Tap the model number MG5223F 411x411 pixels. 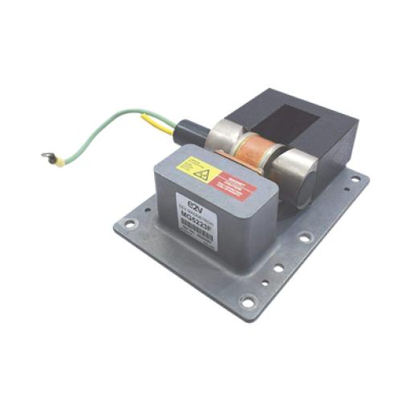tap(197, 217)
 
